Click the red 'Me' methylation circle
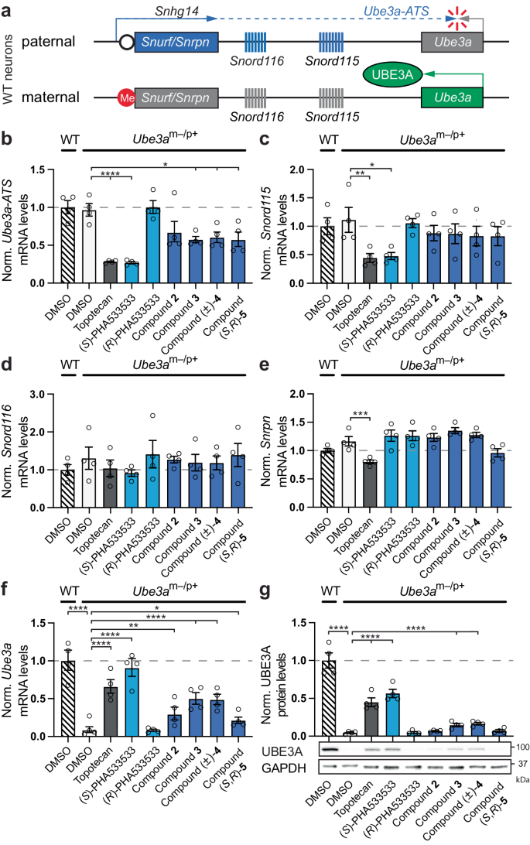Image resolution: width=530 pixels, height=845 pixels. point(125,97)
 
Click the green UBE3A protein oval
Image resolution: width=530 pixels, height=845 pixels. point(393,74)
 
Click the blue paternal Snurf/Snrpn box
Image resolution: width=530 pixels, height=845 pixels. point(176,42)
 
